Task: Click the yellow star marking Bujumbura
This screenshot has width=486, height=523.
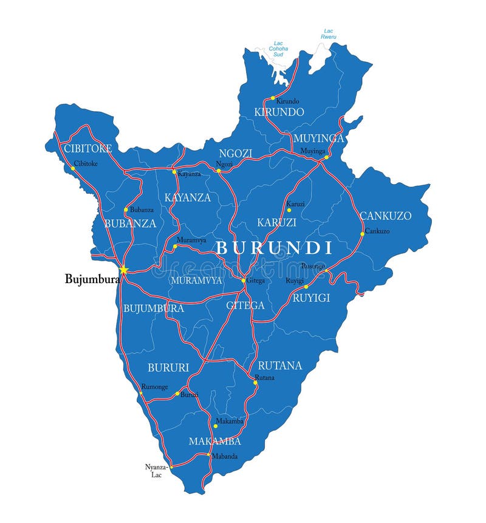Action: coord(123,270)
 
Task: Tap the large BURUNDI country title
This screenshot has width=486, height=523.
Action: coord(275,248)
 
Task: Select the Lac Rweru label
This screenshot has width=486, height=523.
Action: coord(329,34)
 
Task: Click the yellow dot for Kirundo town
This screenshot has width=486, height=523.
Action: coord(273,98)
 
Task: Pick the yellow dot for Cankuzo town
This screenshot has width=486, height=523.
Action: coord(362,233)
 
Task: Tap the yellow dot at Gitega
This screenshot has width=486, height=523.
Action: coord(243,281)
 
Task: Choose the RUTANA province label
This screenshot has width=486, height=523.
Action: coord(279,366)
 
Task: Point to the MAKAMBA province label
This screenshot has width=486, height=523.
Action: coord(214,441)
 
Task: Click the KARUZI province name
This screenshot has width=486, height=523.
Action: coord(276,222)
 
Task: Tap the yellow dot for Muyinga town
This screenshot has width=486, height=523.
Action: coord(326,157)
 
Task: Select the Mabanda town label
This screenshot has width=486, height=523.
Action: coord(225,456)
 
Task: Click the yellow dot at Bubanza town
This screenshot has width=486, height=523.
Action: coord(126,210)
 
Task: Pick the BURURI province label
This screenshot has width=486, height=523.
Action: coord(168,367)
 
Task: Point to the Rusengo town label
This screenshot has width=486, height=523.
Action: coord(313,266)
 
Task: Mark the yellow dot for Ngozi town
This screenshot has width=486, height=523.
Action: coord(219,171)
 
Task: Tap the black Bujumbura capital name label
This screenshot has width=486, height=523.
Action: coord(92,279)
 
